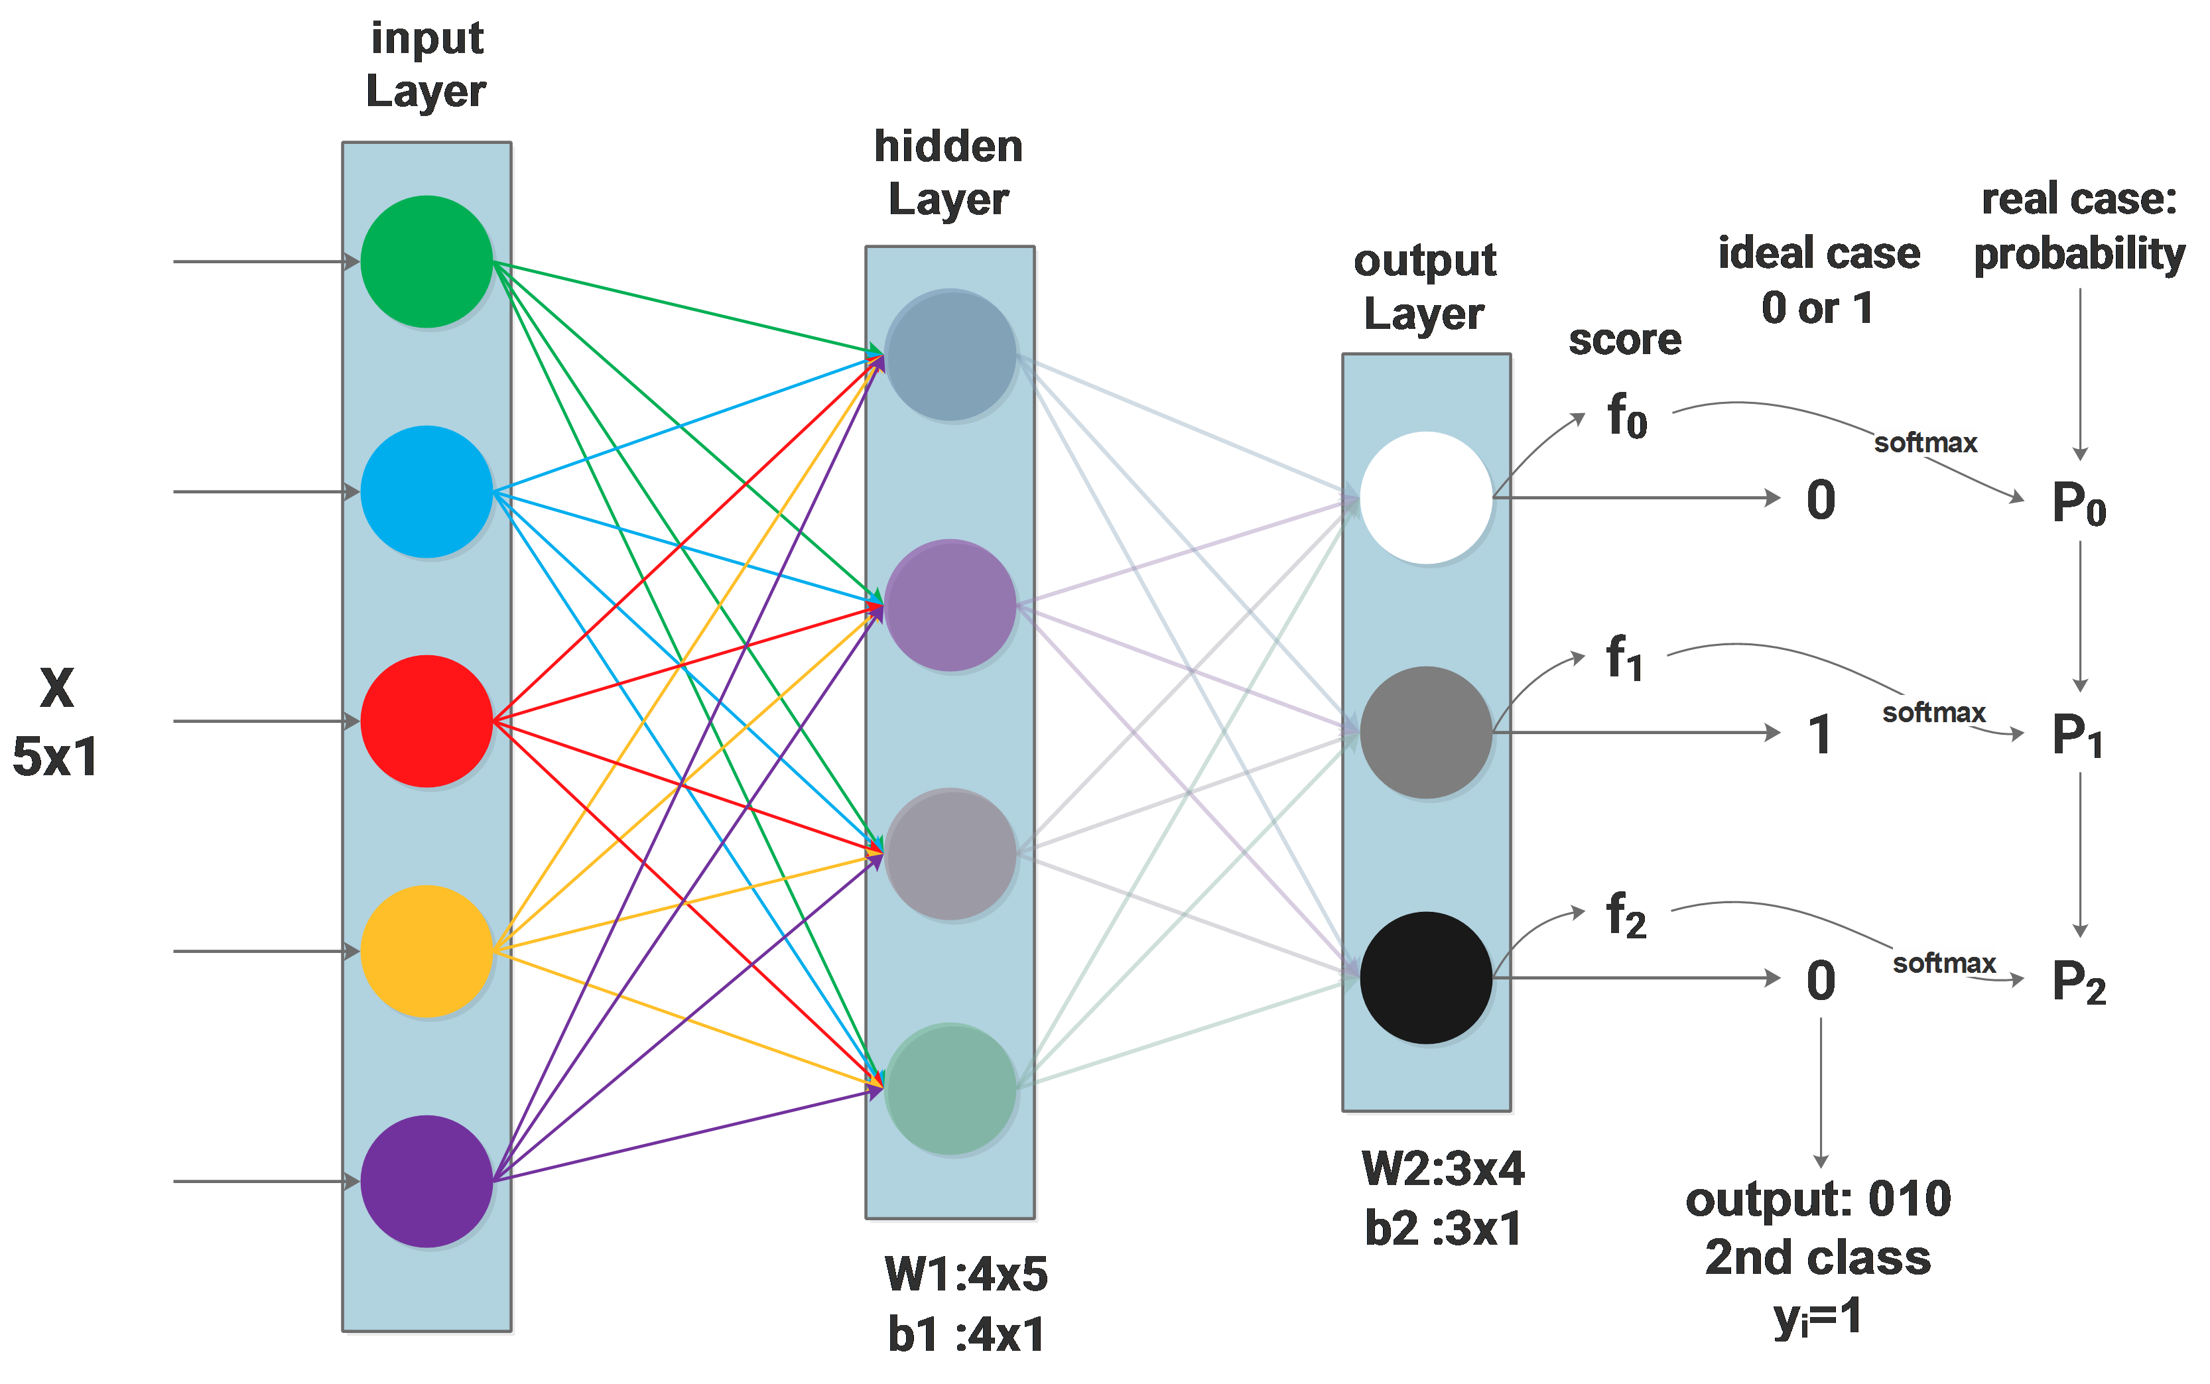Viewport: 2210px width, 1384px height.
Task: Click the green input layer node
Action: (x=426, y=262)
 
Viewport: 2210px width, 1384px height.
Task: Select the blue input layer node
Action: (x=426, y=491)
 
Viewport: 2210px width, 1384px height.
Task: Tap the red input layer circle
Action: (x=426, y=722)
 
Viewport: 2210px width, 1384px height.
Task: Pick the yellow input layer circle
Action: (x=426, y=951)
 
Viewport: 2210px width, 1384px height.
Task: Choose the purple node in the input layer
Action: (x=426, y=1181)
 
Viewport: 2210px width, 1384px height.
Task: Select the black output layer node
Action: (x=1425, y=977)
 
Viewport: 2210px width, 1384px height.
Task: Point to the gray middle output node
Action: (x=1425, y=732)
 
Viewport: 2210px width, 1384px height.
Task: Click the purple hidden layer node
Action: (x=950, y=605)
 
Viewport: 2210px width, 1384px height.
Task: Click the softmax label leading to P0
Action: (x=1925, y=442)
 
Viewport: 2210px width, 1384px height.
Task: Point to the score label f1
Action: (x=1625, y=657)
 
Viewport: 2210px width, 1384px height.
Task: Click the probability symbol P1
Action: (x=2076, y=735)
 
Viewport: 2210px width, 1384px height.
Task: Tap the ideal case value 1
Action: (x=1820, y=735)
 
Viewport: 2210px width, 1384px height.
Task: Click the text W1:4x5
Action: (x=966, y=1273)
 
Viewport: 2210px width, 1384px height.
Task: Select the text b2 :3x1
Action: (x=1443, y=1227)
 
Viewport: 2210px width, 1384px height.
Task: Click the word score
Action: (x=1625, y=340)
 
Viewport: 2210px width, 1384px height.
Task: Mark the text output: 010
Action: (x=1818, y=1198)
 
